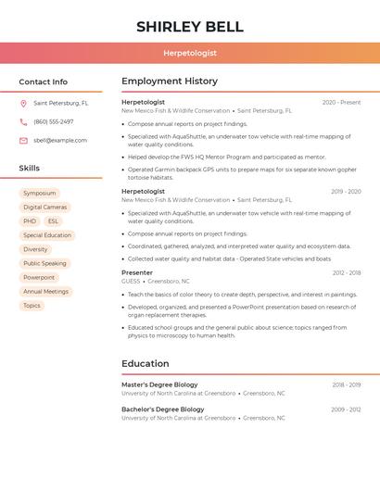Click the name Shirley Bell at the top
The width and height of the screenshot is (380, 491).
(x=190, y=27)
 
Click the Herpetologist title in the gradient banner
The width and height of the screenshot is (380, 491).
(x=190, y=54)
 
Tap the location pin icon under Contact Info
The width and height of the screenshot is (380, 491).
(x=23, y=104)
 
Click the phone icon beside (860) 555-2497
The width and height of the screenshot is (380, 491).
(x=23, y=122)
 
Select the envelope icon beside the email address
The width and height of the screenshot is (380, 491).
(x=23, y=141)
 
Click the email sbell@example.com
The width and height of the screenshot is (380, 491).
(x=60, y=141)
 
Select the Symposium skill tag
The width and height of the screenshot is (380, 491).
(x=40, y=194)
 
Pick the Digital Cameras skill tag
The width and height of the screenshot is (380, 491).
(x=45, y=208)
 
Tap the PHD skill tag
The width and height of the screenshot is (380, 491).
(x=30, y=221)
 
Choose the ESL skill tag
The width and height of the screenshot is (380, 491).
(x=53, y=221)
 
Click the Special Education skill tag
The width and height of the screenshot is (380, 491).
(x=47, y=235)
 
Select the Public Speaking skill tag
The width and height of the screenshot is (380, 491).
(x=44, y=263)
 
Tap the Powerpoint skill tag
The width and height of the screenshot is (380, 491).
(x=39, y=277)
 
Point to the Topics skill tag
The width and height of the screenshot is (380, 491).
(x=32, y=306)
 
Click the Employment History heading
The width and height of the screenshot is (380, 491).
(x=170, y=82)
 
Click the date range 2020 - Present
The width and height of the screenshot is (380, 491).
(x=341, y=103)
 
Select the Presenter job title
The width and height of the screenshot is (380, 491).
(x=137, y=273)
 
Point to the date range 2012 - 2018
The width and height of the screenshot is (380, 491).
(x=347, y=273)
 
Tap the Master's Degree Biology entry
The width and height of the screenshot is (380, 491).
(x=159, y=384)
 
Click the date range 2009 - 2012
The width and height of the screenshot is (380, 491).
(x=347, y=409)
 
